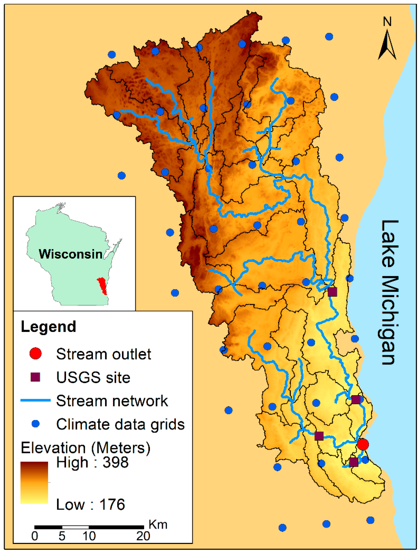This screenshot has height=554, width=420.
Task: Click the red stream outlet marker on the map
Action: [363, 444]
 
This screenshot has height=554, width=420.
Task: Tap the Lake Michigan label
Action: [389, 292]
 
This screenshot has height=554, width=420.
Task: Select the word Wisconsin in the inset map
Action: [71, 254]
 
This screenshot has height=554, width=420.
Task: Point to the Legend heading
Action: [48, 327]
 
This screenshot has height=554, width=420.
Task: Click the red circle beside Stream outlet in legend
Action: [35, 354]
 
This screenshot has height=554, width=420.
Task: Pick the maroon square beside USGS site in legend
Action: [35, 377]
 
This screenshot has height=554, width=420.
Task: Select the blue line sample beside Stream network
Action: [35, 400]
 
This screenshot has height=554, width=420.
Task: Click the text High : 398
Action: [92, 462]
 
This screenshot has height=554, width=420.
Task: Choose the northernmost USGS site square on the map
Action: [332, 292]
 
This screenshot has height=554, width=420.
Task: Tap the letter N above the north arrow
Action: [387, 22]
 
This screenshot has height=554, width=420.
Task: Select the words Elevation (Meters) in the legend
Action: [86, 448]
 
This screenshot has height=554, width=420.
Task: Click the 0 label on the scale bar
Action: [35, 536]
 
